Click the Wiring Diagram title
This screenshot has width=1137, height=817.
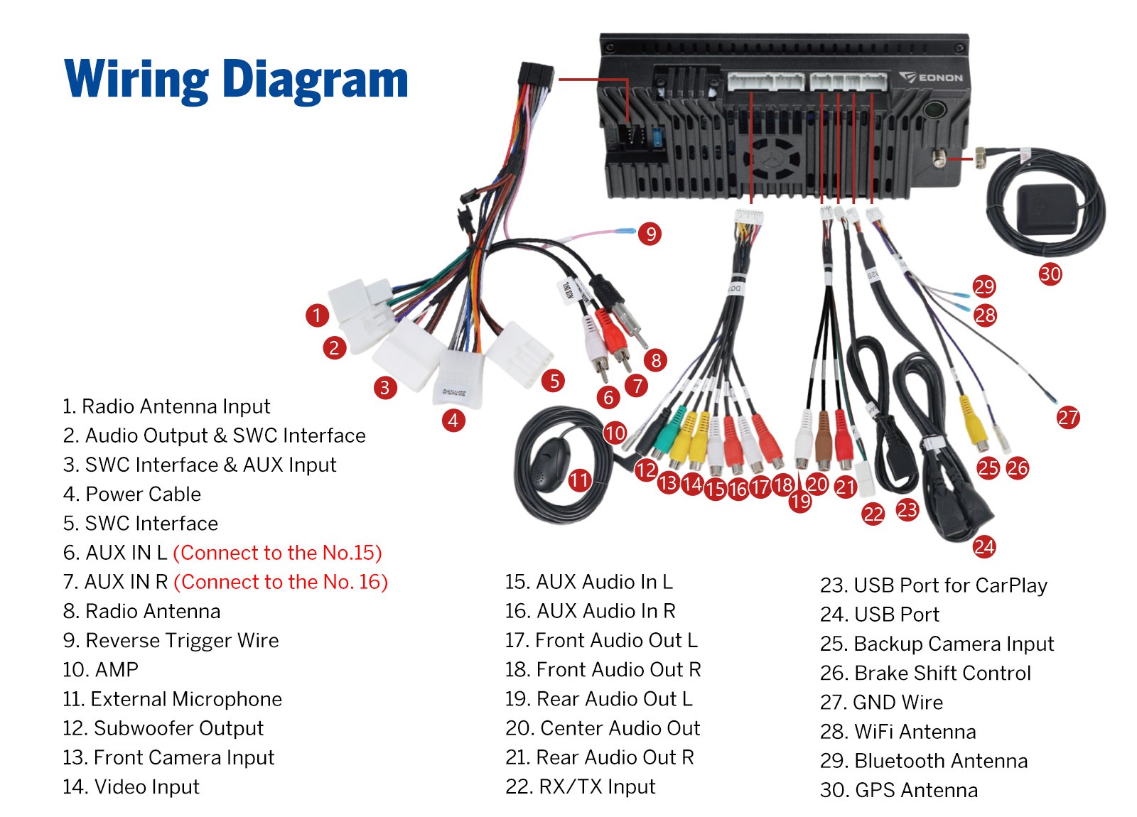[236, 80]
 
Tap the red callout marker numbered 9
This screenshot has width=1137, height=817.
[650, 234]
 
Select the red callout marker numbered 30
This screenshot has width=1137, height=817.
[1050, 274]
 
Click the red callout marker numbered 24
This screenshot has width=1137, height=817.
[984, 546]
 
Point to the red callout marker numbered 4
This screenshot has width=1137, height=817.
[453, 420]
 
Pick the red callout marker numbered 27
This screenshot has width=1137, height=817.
[1068, 418]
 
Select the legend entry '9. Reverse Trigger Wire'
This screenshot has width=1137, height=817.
[171, 640]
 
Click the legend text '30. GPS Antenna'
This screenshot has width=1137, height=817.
[899, 790]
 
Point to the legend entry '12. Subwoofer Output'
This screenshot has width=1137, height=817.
[163, 728]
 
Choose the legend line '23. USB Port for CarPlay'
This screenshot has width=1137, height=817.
[934, 585]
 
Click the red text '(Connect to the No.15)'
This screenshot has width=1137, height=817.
[277, 553]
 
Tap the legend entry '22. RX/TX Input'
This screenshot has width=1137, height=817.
[580, 786]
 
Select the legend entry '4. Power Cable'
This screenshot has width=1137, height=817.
[132, 494]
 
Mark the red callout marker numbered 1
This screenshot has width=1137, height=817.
[317, 315]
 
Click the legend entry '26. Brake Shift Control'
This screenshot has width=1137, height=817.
[925, 673]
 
